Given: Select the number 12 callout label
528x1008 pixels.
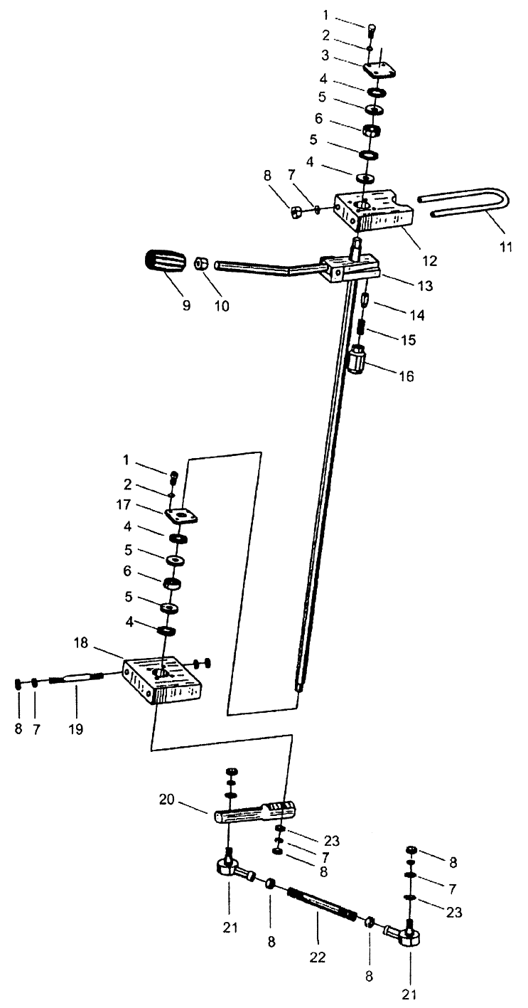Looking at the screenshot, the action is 430,260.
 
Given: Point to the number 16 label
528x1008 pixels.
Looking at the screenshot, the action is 406,376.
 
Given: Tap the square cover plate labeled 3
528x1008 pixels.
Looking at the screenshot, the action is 379,69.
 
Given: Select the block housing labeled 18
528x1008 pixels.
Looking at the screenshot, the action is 162,681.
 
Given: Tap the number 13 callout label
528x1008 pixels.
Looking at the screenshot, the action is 425,285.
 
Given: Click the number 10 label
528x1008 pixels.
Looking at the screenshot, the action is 222,306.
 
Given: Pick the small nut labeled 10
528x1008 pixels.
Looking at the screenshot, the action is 200,262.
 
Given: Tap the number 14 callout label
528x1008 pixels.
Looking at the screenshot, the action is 417,315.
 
